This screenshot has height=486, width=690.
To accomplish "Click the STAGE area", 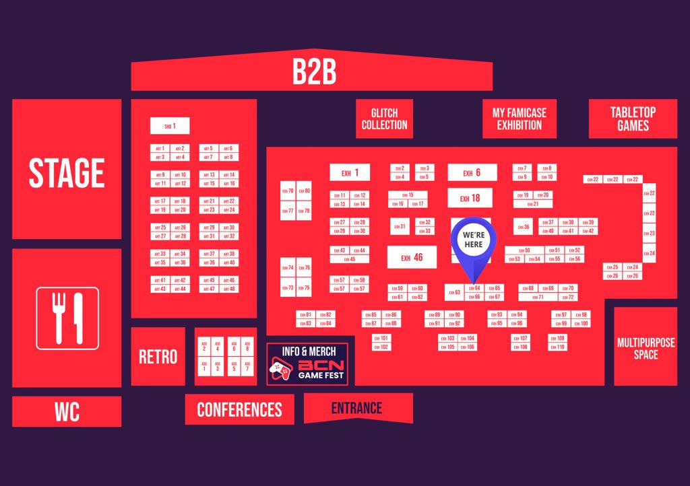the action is tap(67, 172).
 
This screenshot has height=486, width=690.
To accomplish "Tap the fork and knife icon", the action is tap(67, 318).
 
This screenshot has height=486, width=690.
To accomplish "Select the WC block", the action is tap(67, 412).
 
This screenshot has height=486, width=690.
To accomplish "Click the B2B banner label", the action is tap(314, 73).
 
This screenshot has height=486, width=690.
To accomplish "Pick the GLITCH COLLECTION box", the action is tap(384, 119).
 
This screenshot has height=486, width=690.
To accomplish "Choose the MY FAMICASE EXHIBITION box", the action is tap(519, 119).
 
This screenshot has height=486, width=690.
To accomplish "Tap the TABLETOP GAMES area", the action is tap(633, 119).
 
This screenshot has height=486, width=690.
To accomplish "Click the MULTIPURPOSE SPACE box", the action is tap(646, 347).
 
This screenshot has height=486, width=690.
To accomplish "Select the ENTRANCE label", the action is tap(356, 408).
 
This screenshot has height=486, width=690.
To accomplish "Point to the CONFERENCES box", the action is tap(239, 409).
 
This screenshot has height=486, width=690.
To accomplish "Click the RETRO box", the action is tap(158, 357).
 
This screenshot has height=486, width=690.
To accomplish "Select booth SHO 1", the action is tap(170, 126).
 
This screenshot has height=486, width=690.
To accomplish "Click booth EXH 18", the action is tap(470, 199).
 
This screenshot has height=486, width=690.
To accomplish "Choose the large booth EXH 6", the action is tap(472, 173).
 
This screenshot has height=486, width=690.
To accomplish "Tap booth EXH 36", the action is tap(524, 228).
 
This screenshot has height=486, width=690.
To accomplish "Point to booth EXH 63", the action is tap(453, 293).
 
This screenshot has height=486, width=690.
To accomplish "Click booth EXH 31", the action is tap(400, 227).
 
